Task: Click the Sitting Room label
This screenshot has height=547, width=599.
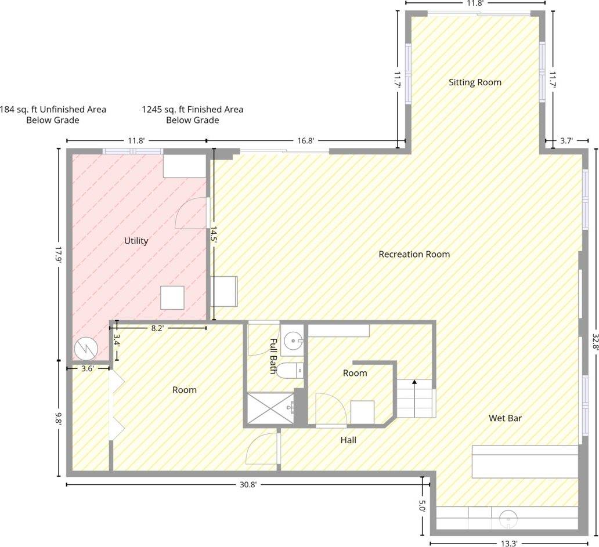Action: tap(475, 82)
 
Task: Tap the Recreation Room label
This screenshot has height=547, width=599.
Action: tap(414, 254)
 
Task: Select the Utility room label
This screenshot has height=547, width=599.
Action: tap(136, 241)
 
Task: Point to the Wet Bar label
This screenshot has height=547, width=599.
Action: tap(505, 418)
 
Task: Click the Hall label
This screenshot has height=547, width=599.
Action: tap(348, 440)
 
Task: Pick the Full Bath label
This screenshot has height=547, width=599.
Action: tap(273, 356)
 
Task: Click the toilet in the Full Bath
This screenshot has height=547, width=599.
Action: tap(290, 370)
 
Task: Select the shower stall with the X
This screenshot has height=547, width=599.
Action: tap(270, 408)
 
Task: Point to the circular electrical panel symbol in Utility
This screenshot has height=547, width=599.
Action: tap(86, 349)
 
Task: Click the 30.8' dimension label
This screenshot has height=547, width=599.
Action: tap(248, 485)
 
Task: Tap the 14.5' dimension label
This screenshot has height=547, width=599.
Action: tap(213, 235)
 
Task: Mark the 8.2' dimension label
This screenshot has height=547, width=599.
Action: tap(157, 328)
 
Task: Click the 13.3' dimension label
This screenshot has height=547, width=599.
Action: tap(508, 543)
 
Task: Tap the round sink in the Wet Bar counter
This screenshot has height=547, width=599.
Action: tap(508, 519)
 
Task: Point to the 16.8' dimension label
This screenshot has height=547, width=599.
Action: tap(306, 141)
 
